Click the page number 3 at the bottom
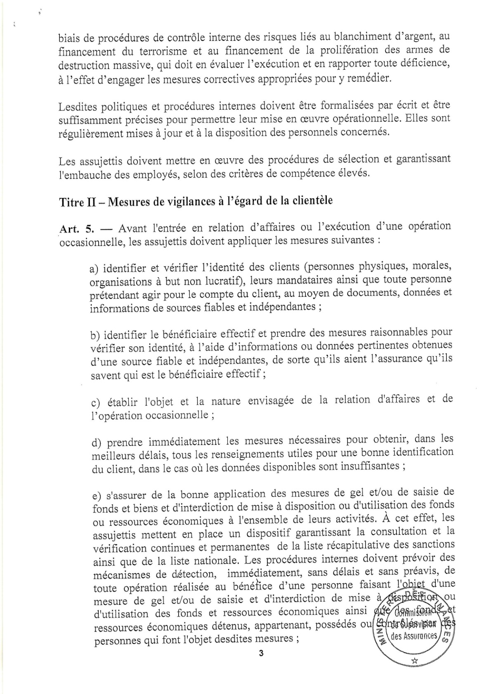coord(260,653)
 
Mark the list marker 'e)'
coord(97,494)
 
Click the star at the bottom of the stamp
coord(415,661)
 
